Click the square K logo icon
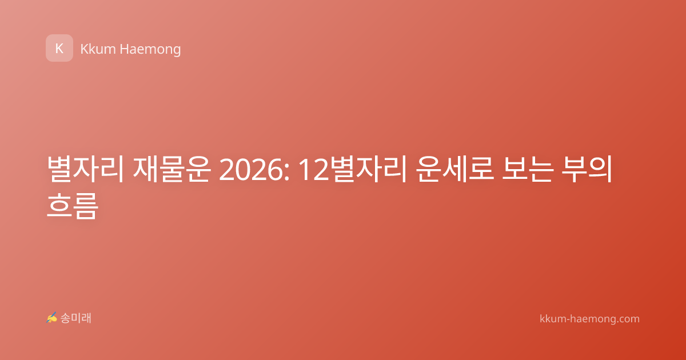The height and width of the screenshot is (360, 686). point(59,48)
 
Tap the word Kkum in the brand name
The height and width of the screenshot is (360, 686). point(98,49)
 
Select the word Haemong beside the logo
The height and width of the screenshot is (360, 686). point(150,50)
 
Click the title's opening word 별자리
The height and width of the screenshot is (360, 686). point(85,169)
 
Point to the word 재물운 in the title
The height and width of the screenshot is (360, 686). point(171,169)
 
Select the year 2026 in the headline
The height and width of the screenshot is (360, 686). point(251,170)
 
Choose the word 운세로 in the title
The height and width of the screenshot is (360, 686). point(455,169)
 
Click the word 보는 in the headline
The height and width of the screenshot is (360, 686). point(527,169)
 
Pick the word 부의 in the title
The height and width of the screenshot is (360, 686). point(587,169)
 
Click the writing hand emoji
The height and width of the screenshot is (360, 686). point(51,318)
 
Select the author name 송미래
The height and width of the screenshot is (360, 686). point(75,318)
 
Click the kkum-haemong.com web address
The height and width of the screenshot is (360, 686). point(589,319)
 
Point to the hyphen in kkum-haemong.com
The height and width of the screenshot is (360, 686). point(569,320)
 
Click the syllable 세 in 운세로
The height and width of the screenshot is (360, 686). point(455,169)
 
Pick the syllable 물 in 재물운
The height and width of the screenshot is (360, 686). point(171,169)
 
